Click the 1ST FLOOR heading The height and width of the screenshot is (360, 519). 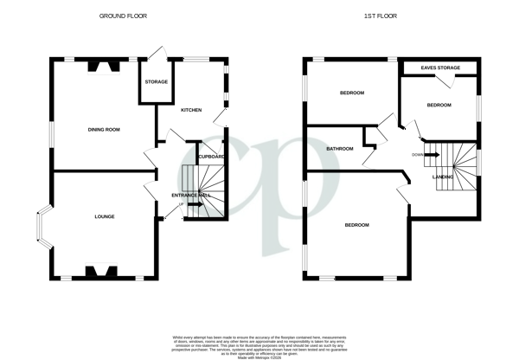(388, 14)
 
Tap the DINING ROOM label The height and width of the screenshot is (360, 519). (103, 130)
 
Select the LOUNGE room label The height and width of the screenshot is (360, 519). (104, 216)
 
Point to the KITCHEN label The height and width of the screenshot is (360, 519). (190, 111)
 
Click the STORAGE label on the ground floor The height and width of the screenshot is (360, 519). (156, 82)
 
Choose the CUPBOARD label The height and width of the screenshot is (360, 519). (211, 157)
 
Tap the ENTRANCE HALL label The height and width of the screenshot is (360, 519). (193, 196)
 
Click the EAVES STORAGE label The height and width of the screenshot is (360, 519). (440, 67)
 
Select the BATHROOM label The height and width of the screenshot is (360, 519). (339, 149)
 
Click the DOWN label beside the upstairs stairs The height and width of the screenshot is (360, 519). (418, 155)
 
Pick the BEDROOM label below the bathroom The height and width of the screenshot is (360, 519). (356, 225)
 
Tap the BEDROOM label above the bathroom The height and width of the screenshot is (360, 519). (351, 93)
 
